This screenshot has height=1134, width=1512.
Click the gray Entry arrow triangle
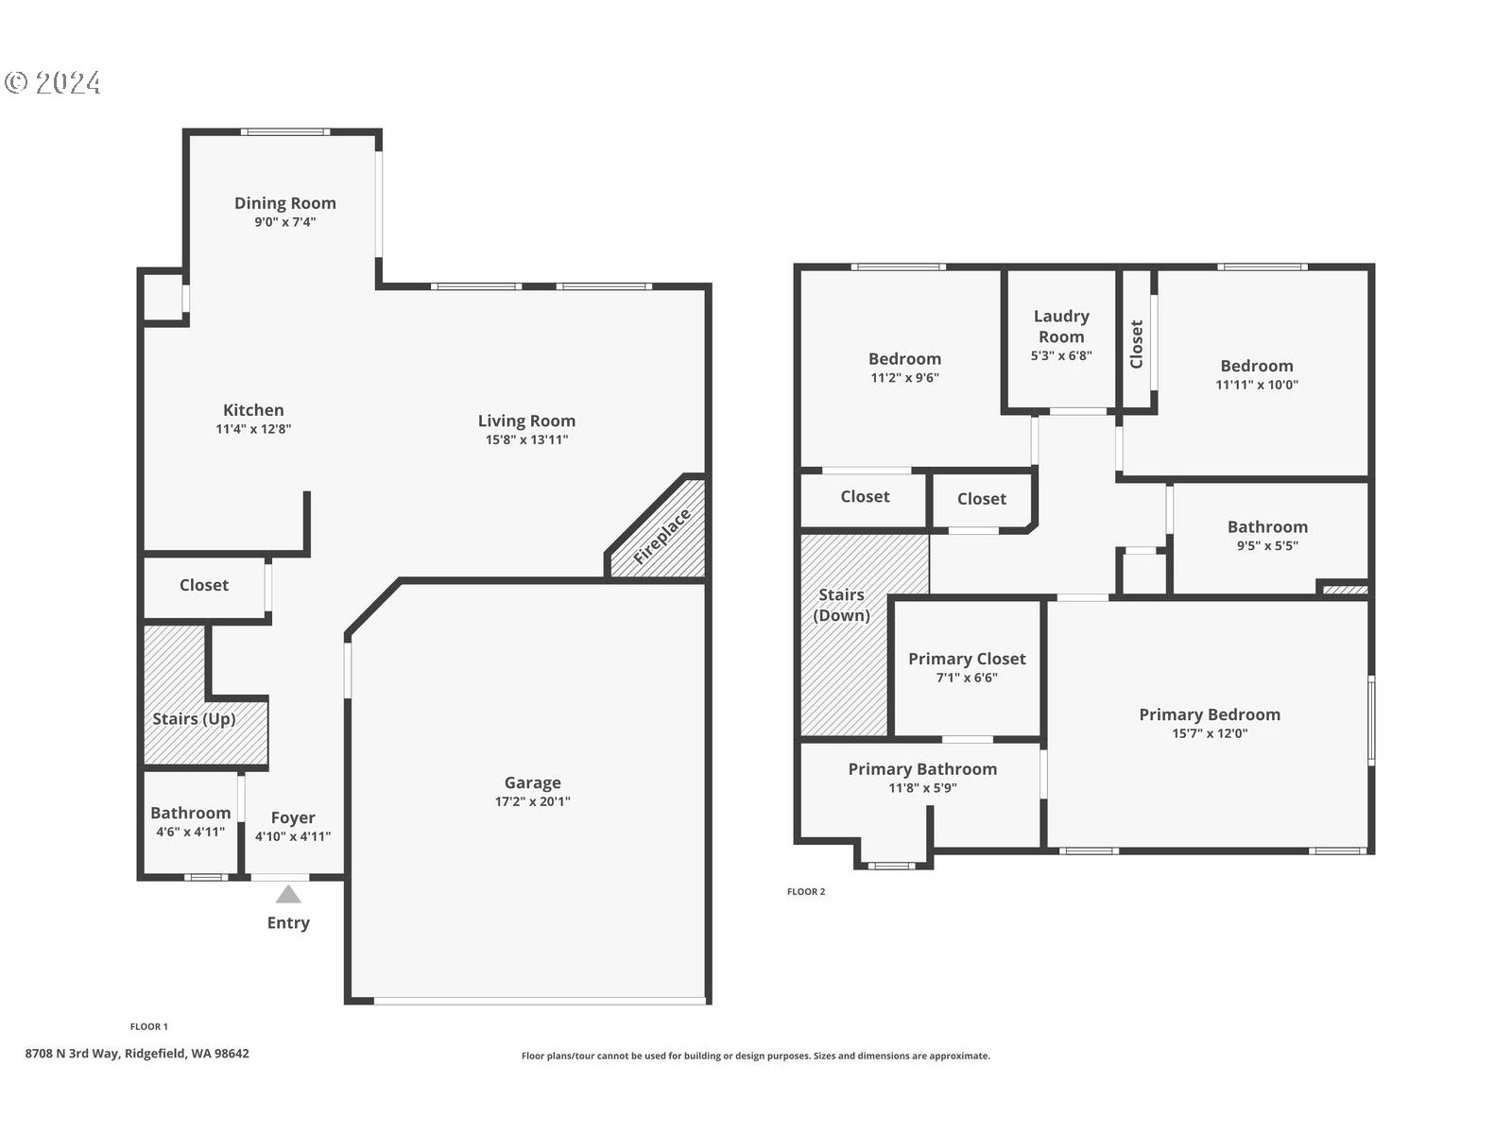(x=288, y=894)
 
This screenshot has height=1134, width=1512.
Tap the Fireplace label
(x=661, y=537)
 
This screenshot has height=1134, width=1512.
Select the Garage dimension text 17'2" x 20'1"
(x=532, y=801)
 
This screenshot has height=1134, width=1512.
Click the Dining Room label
(x=285, y=203)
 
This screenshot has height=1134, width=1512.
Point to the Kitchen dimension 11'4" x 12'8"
(x=253, y=429)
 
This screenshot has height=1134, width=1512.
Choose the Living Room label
(x=527, y=421)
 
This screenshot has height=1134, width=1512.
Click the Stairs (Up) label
(x=195, y=719)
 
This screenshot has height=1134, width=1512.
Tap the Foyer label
(x=293, y=818)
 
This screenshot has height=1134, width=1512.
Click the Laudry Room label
(x=1061, y=326)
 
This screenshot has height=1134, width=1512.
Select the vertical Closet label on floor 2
(x=1137, y=344)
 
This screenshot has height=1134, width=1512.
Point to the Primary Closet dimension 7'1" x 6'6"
(x=967, y=678)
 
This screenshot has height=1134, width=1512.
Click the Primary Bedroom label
(x=1210, y=714)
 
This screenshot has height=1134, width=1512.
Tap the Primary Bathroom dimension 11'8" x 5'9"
(x=922, y=788)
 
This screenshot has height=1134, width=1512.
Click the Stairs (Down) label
(x=842, y=605)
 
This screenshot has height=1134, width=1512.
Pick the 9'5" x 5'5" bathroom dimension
(x=1267, y=546)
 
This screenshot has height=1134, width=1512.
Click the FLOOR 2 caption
(x=806, y=892)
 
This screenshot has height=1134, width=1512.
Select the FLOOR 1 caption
(x=148, y=1026)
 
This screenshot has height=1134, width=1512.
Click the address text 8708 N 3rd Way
(x=72, y=1054)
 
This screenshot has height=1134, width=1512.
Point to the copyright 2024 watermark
(x=53, y=82)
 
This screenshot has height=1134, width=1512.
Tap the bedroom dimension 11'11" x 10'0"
(x=1257, y=385)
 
